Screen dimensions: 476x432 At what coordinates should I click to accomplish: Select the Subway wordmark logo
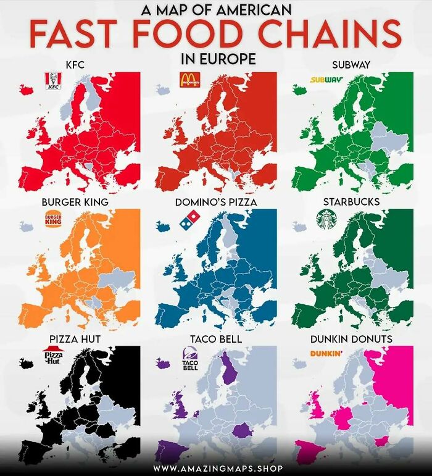(x=326, y=80)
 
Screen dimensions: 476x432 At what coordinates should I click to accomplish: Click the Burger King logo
(x=53, y=220)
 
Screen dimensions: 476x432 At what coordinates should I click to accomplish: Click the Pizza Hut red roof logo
(x=53, y=357)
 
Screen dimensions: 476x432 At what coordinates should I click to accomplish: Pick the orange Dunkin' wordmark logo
(x=326, y=354)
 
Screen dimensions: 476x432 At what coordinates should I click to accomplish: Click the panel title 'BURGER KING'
(x=75, y=202)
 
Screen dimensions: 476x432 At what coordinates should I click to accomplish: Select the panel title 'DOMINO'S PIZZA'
(x=215, y=202)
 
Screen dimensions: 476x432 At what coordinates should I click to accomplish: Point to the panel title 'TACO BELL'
(x=215, y=339)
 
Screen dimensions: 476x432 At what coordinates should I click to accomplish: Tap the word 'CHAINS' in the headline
(x=334, y=35)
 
